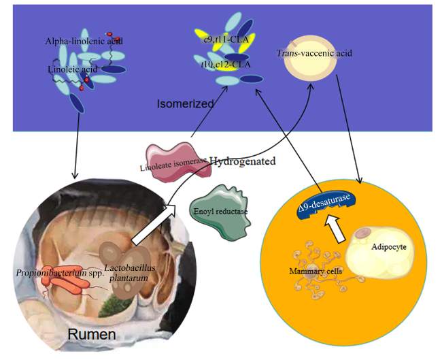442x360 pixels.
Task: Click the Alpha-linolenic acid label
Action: pyautogui.click(x=84, y=42)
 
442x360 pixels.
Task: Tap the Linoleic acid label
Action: pyautogui.click(x=73, y=69)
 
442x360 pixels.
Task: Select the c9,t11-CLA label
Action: pyautogui.click(x=226, y=39)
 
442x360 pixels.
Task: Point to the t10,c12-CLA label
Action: pyautogui.click(x=226, y=65)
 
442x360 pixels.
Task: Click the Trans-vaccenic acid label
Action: pyautogui.click(x=314, y=53)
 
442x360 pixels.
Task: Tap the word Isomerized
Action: pyautogui.click(x=185, y=104)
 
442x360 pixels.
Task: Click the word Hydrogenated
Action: pyautogui.click(x=243, y=161)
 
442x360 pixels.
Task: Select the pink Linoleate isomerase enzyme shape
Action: pyautogui.click(x=178, y=162)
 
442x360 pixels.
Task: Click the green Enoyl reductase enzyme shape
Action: pyautogui.click(x=220, y=212)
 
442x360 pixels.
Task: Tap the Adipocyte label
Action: pyautogui.click(x=389, y=247)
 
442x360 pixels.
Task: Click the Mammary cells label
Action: pyautogui.click(x=316, y=271)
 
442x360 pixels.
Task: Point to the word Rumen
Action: pyautogui.click(x=92, y=334)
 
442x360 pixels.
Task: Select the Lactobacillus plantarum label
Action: pyautogui.click(x=129, y=273)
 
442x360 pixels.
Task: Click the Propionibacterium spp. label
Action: pyautogui.click(x=60, y=273)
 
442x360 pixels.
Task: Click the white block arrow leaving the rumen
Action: pyautogui.click(x=154, y=225)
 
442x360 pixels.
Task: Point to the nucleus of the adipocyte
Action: pyautogui.click(x=363, y=233)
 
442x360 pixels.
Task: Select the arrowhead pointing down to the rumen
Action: pyautogui.click(x=75, y=176)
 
